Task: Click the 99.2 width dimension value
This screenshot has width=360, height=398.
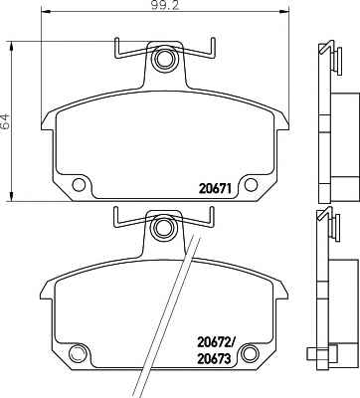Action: [164, 6]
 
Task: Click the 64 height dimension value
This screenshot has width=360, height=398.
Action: [6, 121]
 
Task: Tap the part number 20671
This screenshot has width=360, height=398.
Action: [215, 189]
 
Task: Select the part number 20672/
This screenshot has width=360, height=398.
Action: [217, 341]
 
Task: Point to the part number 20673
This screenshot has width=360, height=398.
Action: [214, 358]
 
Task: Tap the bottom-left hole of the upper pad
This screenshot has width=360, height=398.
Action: [79, 184]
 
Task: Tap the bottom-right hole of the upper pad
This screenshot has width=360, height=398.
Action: [251, 185]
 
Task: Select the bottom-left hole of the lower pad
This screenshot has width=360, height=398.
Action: [78, 353]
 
